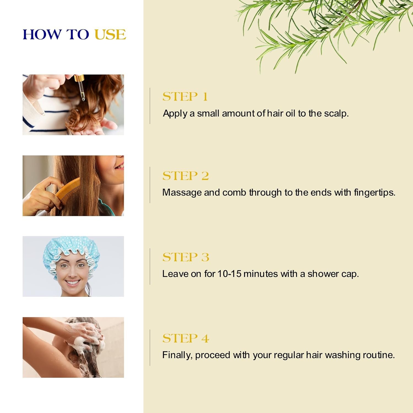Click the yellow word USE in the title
point(110,35)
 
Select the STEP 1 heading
point(185,97)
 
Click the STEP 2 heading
point(185,176)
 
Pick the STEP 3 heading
point(186,257)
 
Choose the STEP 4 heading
point(186,338)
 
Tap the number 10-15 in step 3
point(229,274)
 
